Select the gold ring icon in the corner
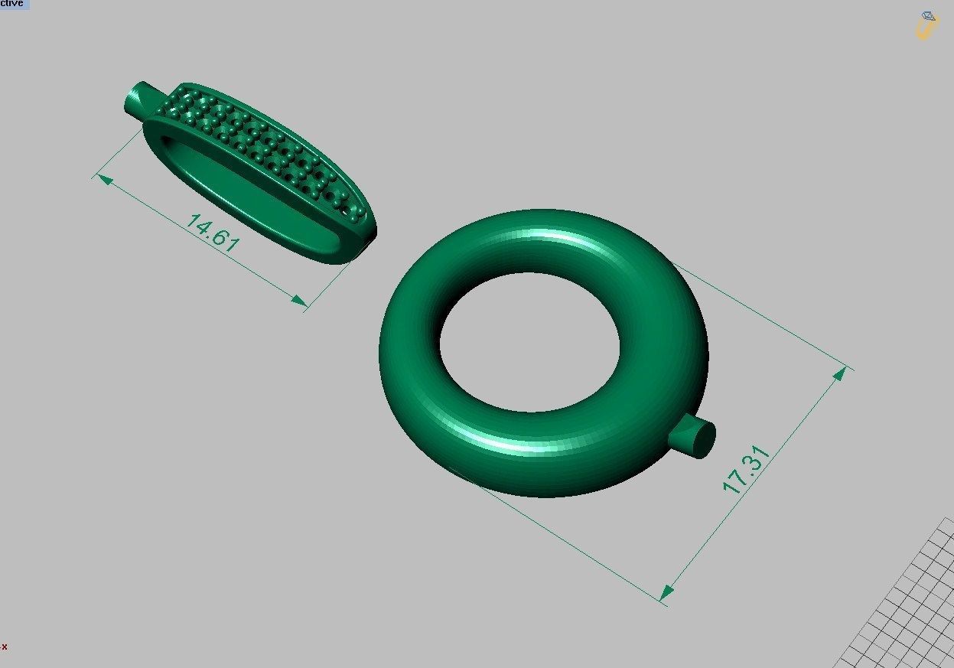pyautogui.click(x=926, y=25)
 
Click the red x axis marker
pyautogui.click(x=5, y=647)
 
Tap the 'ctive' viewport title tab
pyautogui.click(x=14, y=4)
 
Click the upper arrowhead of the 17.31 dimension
pyautogui.click(x=839, y=374)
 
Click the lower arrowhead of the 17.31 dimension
pyautogui.click(x=667, y=591)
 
